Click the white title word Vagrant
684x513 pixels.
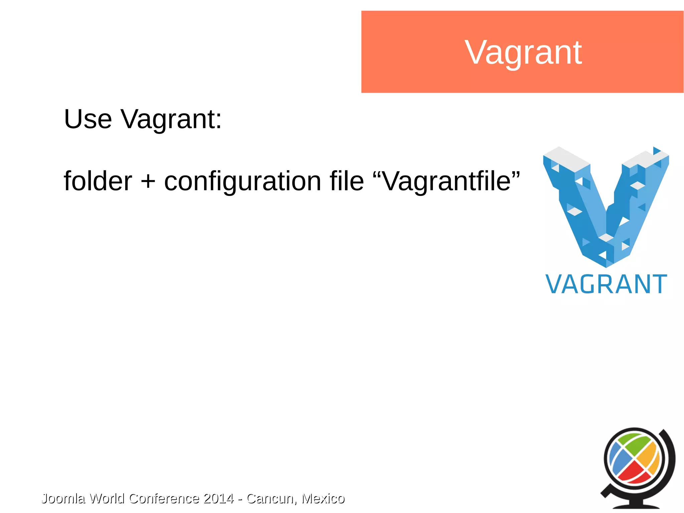click(x=523, y=52)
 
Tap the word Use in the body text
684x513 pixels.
click(x=88, y=119)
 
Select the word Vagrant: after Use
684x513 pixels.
click(x=171, y=120)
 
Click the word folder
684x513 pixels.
click(x=98, y=181)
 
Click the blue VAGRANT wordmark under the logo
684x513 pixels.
click(x=606, y=285)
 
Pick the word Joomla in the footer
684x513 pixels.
click(x=63, y=498)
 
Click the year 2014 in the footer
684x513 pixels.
click(x=218, y=498)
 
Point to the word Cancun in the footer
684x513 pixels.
click(x=271, y=498)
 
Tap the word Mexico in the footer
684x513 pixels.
click(x=323, y=498)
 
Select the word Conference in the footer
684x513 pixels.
click(x=164, y=498)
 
